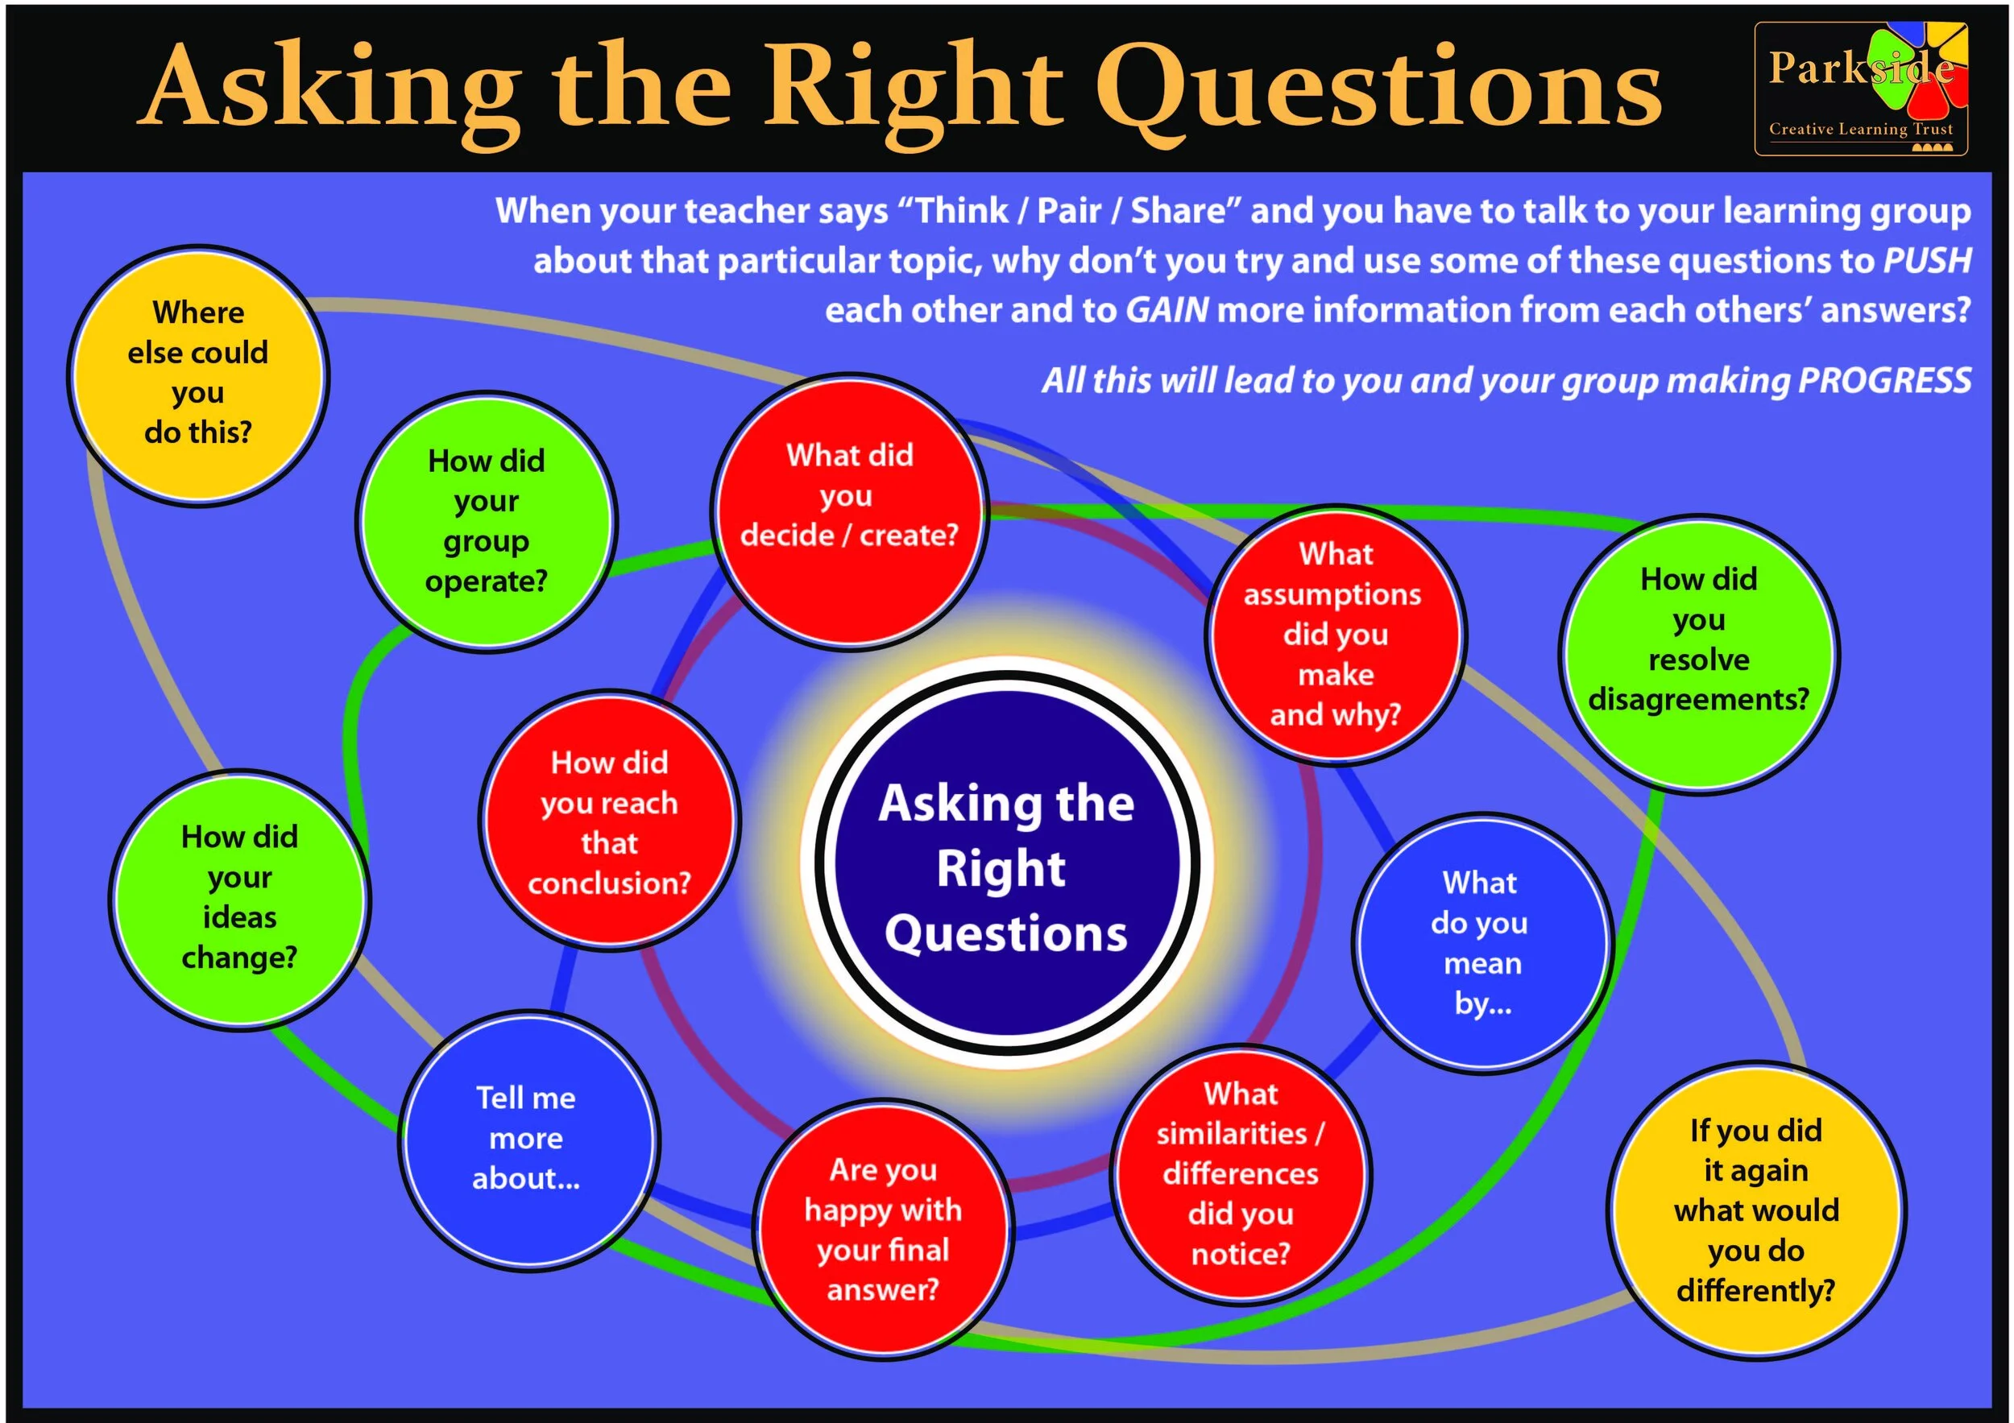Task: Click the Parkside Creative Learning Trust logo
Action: point(1859,89)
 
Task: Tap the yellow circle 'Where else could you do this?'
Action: point(198,375)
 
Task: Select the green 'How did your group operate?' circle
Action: point(487,523)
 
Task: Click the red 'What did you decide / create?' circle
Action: point(849,512)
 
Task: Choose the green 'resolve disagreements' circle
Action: point(1698,654)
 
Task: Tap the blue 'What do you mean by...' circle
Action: point(1482,942)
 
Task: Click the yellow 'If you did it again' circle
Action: point(1756,1210)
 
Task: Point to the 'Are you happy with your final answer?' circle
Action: point(883,1229)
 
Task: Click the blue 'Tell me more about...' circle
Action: point(527,1138)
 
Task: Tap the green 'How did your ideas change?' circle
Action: point(239,899)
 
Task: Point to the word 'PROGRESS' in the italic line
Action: point(1884,381)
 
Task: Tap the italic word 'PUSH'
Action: point(1928,260)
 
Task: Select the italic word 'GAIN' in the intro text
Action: point(1167,310)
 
